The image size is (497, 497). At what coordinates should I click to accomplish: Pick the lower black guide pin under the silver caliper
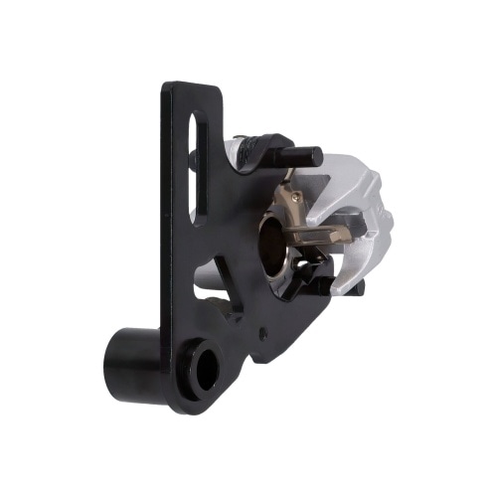356,287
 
